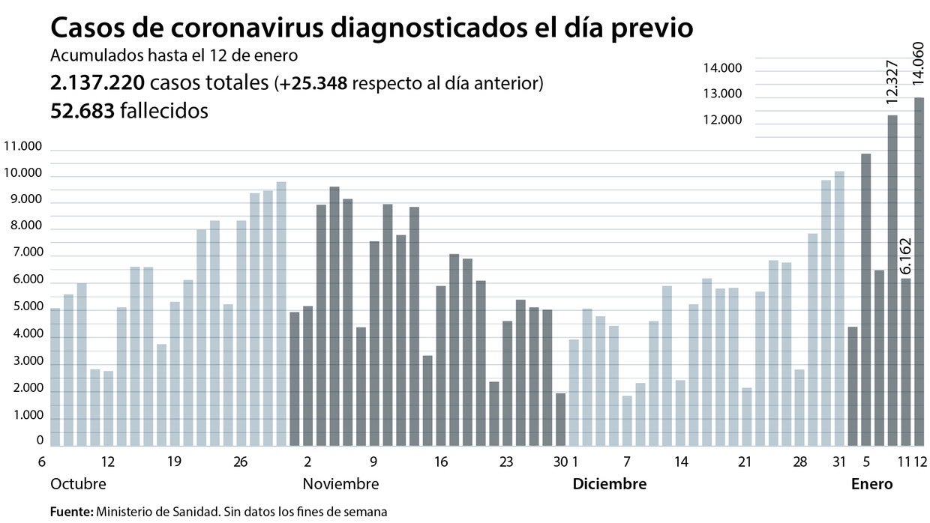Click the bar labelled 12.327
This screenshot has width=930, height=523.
[x=892, y=280]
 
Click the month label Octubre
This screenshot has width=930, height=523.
[x=78, y=484]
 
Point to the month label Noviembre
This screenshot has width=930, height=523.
[x=340, y=484]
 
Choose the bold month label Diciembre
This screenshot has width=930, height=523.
[x=609, y=484]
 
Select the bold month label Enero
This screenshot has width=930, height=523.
[x=871, y=484]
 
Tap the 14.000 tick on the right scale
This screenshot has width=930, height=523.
[x=721, y=69]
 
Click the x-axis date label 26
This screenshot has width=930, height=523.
[x=240, y=462]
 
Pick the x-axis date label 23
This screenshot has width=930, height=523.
[x=507, y=462]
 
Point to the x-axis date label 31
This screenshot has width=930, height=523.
[x=838, y=462]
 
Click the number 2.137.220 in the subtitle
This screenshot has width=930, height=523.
[x=97, y=83]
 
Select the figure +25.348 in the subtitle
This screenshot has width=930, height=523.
[x=313, y=83]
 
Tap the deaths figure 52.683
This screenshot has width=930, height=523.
[x=82, y=111]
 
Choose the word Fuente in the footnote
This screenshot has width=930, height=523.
[x=70, y=512]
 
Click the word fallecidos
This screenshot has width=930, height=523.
[x=163, y=111]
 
